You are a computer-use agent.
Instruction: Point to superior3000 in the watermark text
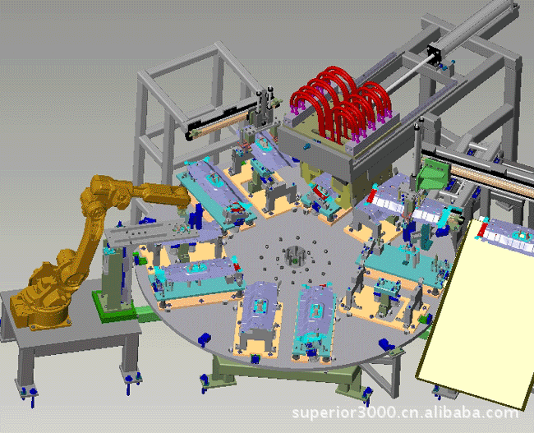point(343,413)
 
